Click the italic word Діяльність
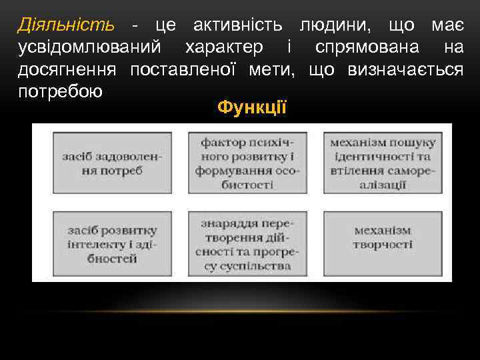click(x=65, y=26)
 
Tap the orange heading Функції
click(x=252, y=107)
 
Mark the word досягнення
click(x=67, y=69)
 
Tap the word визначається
click(x=405, y=69)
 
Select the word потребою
click(x=60, y=91)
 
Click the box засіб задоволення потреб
click(x=111, y=163)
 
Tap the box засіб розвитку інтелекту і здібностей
click(x=111, y=243)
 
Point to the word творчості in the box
click(x=383, y=245)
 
